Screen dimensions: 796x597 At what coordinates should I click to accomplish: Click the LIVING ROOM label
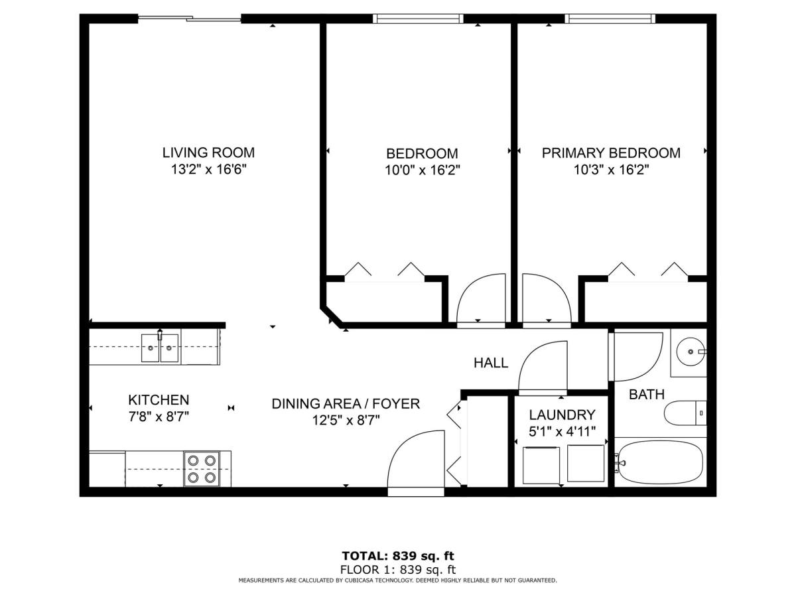pyautogui.click(x=208, y=153)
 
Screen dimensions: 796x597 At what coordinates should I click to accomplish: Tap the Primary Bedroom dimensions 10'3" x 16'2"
pyautogui.click(x=611, y=169)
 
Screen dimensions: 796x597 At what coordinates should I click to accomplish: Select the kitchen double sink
pyautogui.click(x=160, y=348)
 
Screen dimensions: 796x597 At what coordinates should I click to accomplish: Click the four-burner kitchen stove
pyautogui.click(x=202, y=469)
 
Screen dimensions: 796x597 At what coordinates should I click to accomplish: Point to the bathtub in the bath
pyautogui.click(x=661, y=462)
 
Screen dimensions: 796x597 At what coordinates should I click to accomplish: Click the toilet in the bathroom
pyautogui.click(x=685, y=413)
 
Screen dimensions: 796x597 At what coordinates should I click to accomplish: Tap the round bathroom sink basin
pyautogui.click(x=691, y=352)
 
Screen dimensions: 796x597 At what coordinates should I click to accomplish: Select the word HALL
pyautogui.click(x=491, y=363)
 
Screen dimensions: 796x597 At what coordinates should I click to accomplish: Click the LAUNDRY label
pyautogui.click(x=562, y=415)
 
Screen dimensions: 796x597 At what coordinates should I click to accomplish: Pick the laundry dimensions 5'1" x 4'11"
pyautogui.click(x=562, y=432)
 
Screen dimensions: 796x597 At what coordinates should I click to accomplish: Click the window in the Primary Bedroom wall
pyautogui.click(x=610, y=19)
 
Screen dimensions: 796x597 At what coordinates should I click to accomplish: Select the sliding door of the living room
pyautogui.click(x=189, y=19)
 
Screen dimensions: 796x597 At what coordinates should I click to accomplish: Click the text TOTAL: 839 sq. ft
pyautogui.click(x=398, y=556)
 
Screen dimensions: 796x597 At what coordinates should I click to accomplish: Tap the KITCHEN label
pyautogui.click(x=159, y=400)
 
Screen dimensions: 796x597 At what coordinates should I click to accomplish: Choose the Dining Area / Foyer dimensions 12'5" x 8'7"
pyautogui.click(x=346, y=420)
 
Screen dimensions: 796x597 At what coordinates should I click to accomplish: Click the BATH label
pyautogui.click(x=647, y=395)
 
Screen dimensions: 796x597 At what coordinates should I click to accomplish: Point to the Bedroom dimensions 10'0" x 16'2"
pyautogui.click(x=422, y=170)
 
